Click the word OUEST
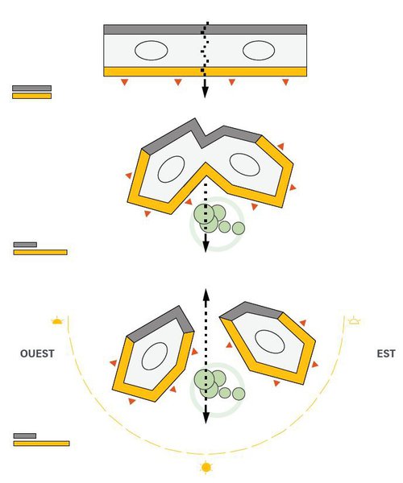(x=37, y=353)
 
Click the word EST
(x=386, y=353)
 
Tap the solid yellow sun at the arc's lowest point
(x=206, y=467)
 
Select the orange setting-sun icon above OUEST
(x=57, y=320)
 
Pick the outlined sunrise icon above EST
(x=355, y=320)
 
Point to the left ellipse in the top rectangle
(x=151, y=50)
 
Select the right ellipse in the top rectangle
(x=259, y=50)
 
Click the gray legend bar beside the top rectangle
(x=31, y=88)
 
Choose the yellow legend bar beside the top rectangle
(x=31, y=96)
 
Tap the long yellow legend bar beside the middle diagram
(x=40, y=252)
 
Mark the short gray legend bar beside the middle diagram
(x=25, y=245)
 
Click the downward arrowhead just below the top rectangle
(x=205, y=92)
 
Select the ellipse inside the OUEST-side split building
(x=155, y=356)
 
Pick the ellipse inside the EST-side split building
(x=270, y=341)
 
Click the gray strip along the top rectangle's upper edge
(x=205, y=29)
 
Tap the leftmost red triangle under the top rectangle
(x=125, y=82)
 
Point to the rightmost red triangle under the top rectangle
(x=285, y=82)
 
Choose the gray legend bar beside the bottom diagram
(x=25, y=436)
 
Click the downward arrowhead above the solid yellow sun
(x=206, y=418)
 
